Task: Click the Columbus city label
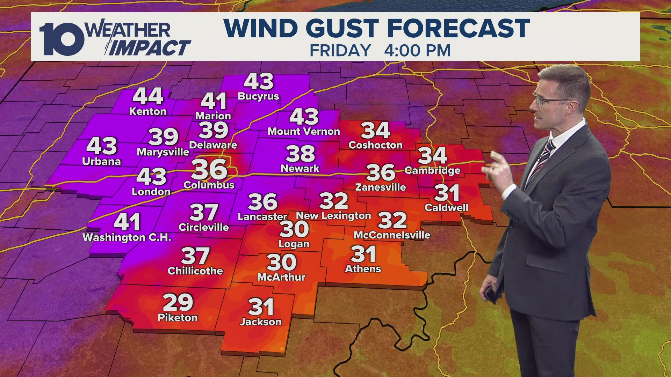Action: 209,185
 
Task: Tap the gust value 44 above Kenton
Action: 148,96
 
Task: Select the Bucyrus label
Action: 258,96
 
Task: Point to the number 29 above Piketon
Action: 178,302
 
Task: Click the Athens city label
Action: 363,269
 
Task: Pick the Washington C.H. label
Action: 127,238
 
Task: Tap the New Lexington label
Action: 333,216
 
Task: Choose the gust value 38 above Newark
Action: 300,154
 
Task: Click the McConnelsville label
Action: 392,235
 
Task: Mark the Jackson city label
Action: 261,322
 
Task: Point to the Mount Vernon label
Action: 304,132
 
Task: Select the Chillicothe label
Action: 195,271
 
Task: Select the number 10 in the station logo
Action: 61,39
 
